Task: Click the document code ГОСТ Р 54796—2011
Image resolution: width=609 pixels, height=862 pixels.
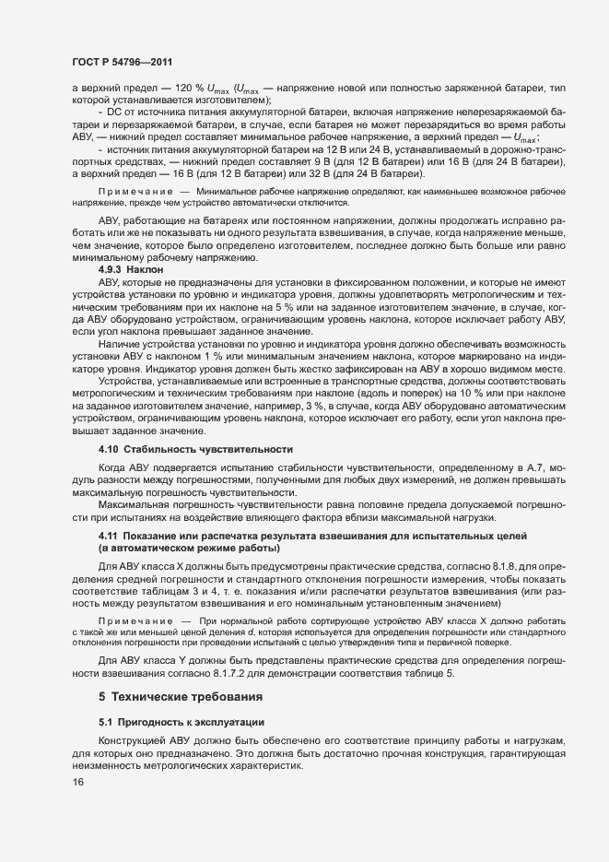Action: [121, 62]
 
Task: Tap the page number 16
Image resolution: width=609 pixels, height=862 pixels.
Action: [77, 809]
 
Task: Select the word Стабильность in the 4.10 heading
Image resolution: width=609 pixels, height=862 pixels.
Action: [159, 449]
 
